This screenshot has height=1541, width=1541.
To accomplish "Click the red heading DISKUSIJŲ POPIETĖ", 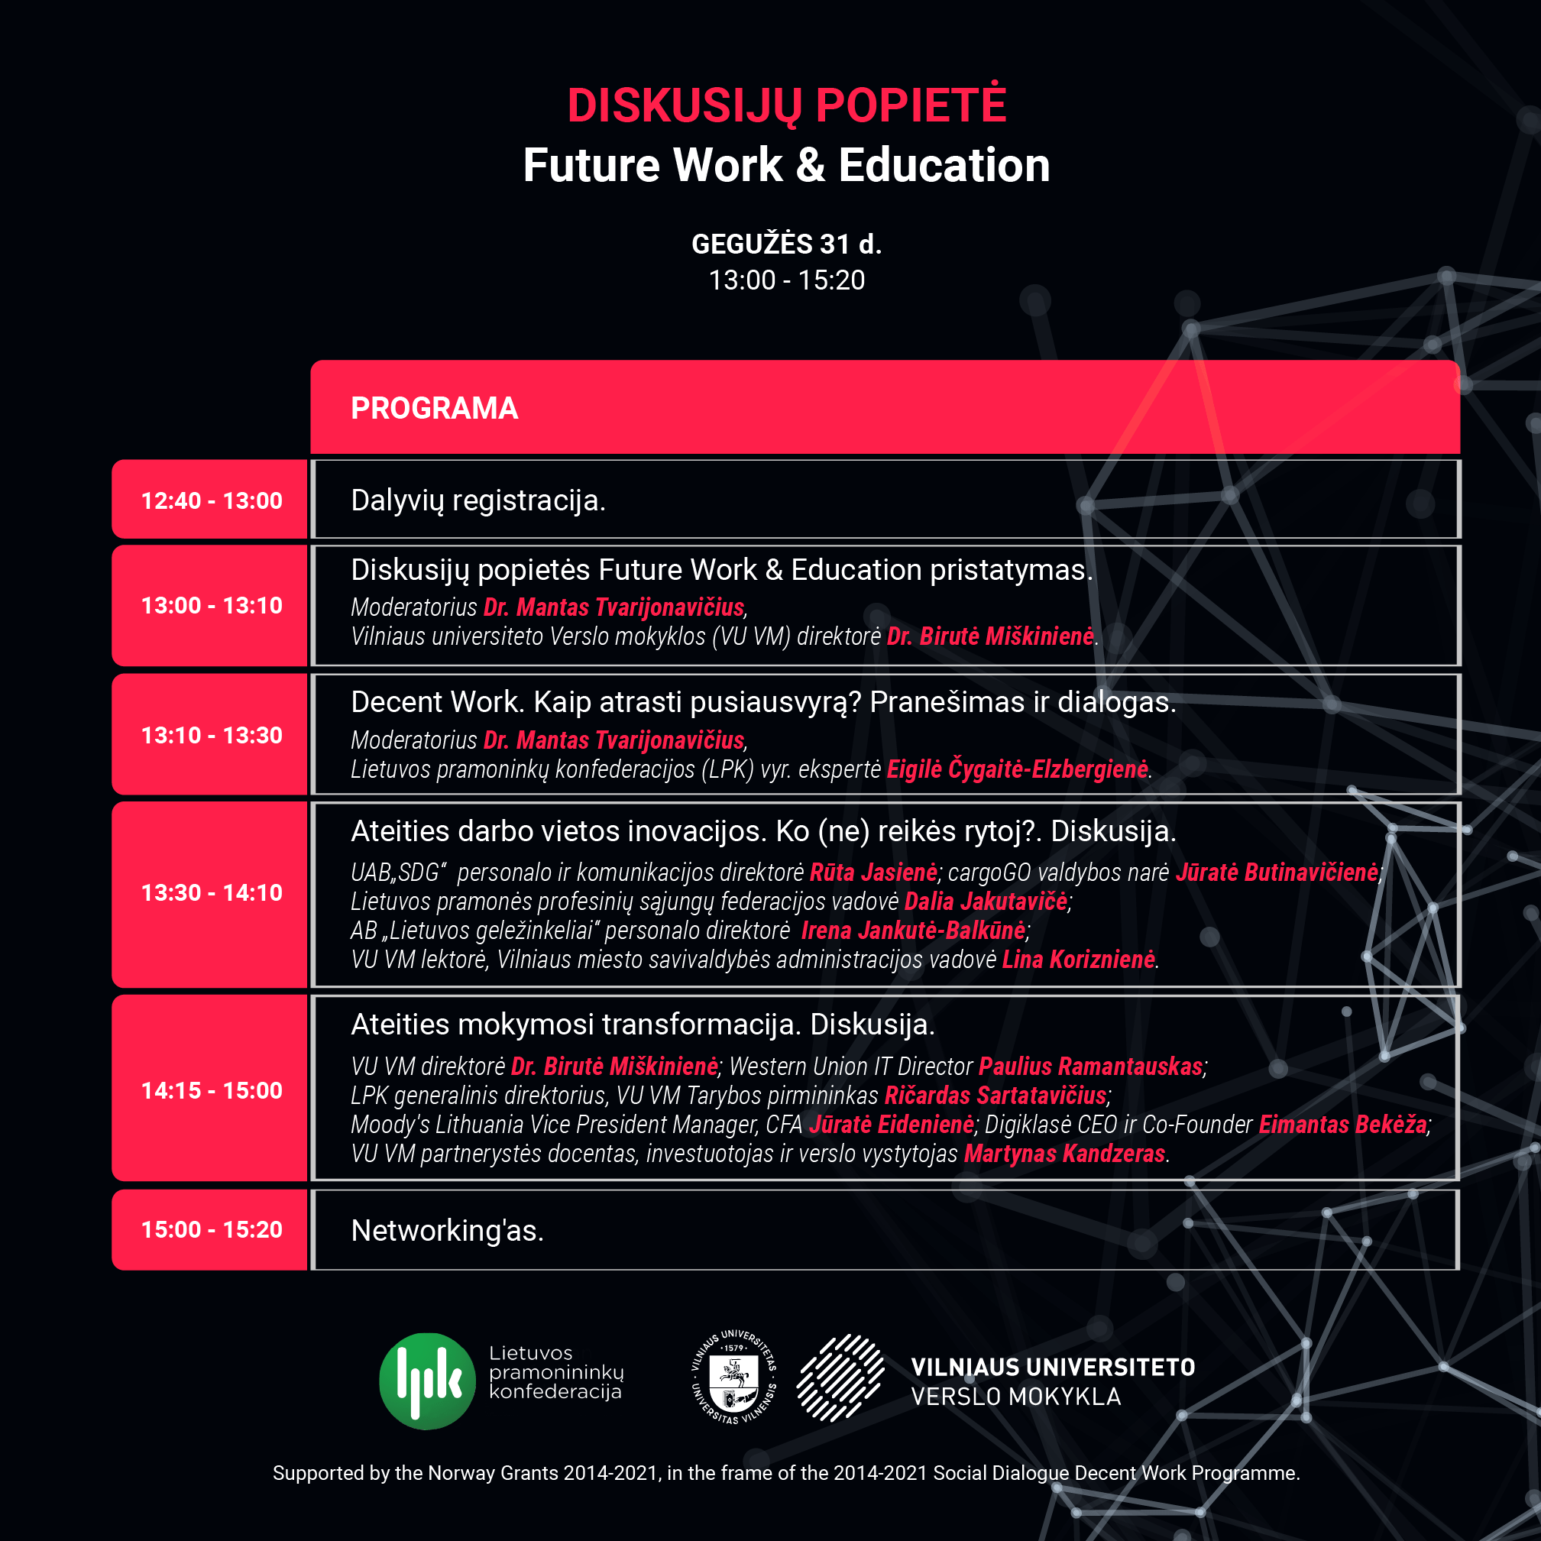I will [786, 105].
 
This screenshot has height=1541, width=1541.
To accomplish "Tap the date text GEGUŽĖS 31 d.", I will [786, 244].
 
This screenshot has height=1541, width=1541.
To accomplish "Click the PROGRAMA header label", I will [434, 409].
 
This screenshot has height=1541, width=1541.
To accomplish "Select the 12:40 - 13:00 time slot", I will [212, 501].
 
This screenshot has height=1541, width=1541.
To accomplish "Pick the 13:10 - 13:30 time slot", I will [212, 736].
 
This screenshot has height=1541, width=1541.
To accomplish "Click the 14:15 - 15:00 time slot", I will [212, 1090].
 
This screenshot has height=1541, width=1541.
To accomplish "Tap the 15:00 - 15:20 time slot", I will [212, 1229].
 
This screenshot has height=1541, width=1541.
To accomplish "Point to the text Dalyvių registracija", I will [478, 501].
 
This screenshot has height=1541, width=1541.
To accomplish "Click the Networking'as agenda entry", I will [447, 1231].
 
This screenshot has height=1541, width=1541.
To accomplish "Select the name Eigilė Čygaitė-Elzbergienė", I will [1018, 769].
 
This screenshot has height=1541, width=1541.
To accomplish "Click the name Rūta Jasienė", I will [873, 872].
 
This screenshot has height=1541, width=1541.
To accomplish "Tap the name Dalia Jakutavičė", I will [986, 902].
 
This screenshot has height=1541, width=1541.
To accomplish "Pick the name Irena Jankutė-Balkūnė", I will [913, 931].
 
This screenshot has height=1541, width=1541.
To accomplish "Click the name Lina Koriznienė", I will [1078, 960].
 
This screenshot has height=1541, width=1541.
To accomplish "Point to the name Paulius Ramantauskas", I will [1090, 1067].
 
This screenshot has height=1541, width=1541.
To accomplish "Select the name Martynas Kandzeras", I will [1065, 1154].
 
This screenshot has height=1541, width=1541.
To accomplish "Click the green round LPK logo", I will [428, 1381].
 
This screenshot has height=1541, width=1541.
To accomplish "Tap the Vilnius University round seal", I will [733, 1377].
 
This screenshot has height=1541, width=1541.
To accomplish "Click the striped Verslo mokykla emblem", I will [840, 1378].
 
